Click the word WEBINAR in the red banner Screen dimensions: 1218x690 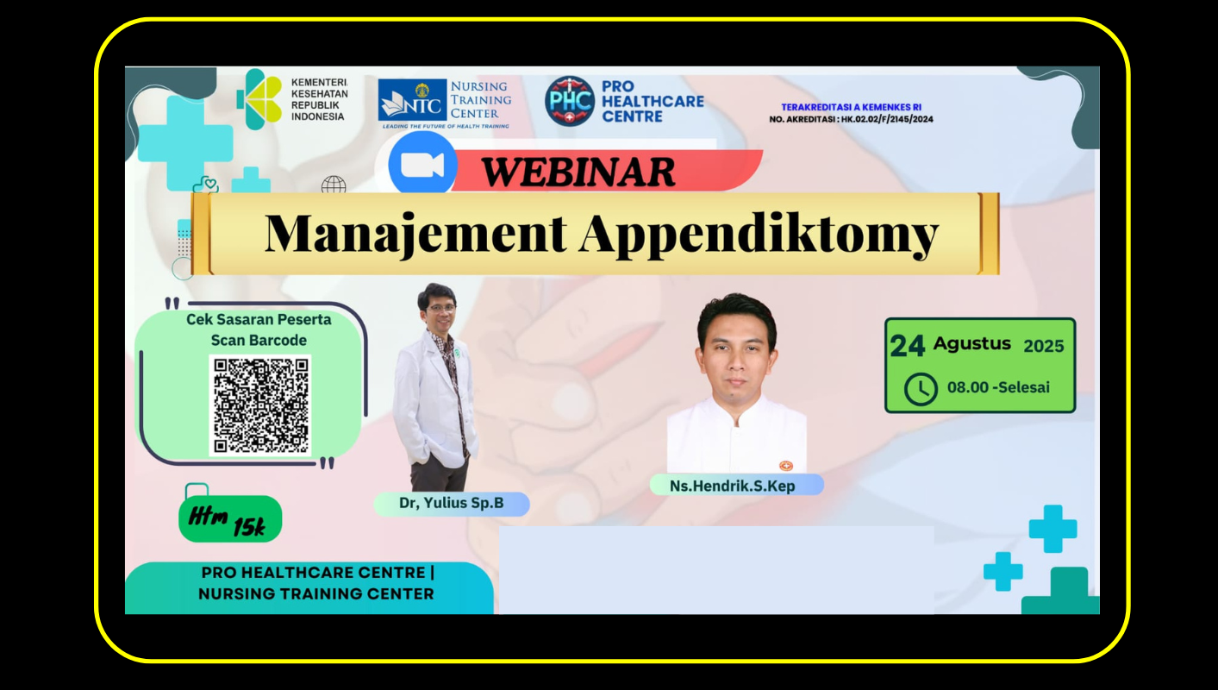[578, 172]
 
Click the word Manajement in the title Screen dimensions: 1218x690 [415, 234]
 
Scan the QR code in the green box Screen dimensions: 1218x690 [260, 405]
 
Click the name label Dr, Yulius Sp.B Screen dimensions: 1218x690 [452, 504]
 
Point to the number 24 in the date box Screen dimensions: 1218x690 [907, 346]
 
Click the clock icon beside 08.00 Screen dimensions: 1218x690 [921, 389]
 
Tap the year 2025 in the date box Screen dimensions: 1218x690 [1044, 346]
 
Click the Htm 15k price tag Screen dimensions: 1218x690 [230, 518]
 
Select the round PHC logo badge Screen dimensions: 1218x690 [569, 101]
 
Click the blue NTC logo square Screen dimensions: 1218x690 [412, 99]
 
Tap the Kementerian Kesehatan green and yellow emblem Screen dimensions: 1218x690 [260, 99]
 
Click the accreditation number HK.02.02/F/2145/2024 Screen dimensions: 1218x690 [887, 119]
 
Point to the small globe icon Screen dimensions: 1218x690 [334, 185]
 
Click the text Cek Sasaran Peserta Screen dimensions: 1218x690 [259, 319]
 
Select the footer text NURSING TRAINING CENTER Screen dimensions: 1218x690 [315, 593]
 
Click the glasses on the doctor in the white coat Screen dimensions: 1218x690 [441, 308]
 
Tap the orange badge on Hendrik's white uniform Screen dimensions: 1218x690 [786, 466]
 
